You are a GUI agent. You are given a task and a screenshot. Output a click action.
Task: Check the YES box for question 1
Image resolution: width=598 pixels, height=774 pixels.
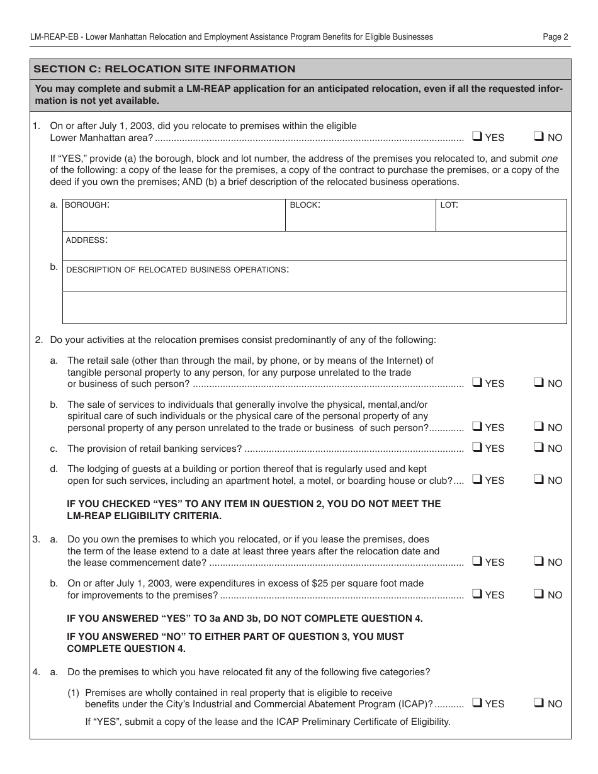tap(477, 137)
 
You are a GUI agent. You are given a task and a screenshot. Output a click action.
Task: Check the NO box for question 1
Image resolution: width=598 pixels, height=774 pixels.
tap(538, 137)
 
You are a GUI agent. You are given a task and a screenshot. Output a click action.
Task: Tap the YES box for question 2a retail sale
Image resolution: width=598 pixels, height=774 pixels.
tap(477, 383)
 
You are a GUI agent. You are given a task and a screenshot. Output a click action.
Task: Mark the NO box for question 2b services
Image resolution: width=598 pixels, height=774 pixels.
tap(538, 427)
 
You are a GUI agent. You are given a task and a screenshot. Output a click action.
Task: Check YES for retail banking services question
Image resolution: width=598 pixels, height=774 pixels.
tap(477, 447)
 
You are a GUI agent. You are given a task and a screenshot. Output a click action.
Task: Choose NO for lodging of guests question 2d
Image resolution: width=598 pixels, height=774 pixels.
tap(538, 480)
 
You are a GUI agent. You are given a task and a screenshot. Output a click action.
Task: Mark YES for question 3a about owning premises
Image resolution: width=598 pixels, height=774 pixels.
tap(477, 561)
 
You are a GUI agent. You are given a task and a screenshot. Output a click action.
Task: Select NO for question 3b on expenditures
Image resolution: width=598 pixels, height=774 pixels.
tap(538, 594)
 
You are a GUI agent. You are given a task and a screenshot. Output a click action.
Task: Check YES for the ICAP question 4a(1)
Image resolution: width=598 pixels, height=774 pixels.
tap(477, 703)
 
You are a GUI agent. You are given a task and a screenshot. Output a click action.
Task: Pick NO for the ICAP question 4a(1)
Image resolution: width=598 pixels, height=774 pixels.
tap(538, 703)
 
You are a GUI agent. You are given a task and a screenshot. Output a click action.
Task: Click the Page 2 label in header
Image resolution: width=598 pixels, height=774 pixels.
tap(555, 37)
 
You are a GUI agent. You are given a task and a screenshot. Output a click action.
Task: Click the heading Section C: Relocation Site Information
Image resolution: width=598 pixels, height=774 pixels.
tap(164, 69)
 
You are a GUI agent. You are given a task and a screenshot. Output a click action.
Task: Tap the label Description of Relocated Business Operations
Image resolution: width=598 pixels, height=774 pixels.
tap(178, 269)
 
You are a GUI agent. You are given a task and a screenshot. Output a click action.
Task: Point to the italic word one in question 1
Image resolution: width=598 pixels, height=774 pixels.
tap(550, 159)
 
